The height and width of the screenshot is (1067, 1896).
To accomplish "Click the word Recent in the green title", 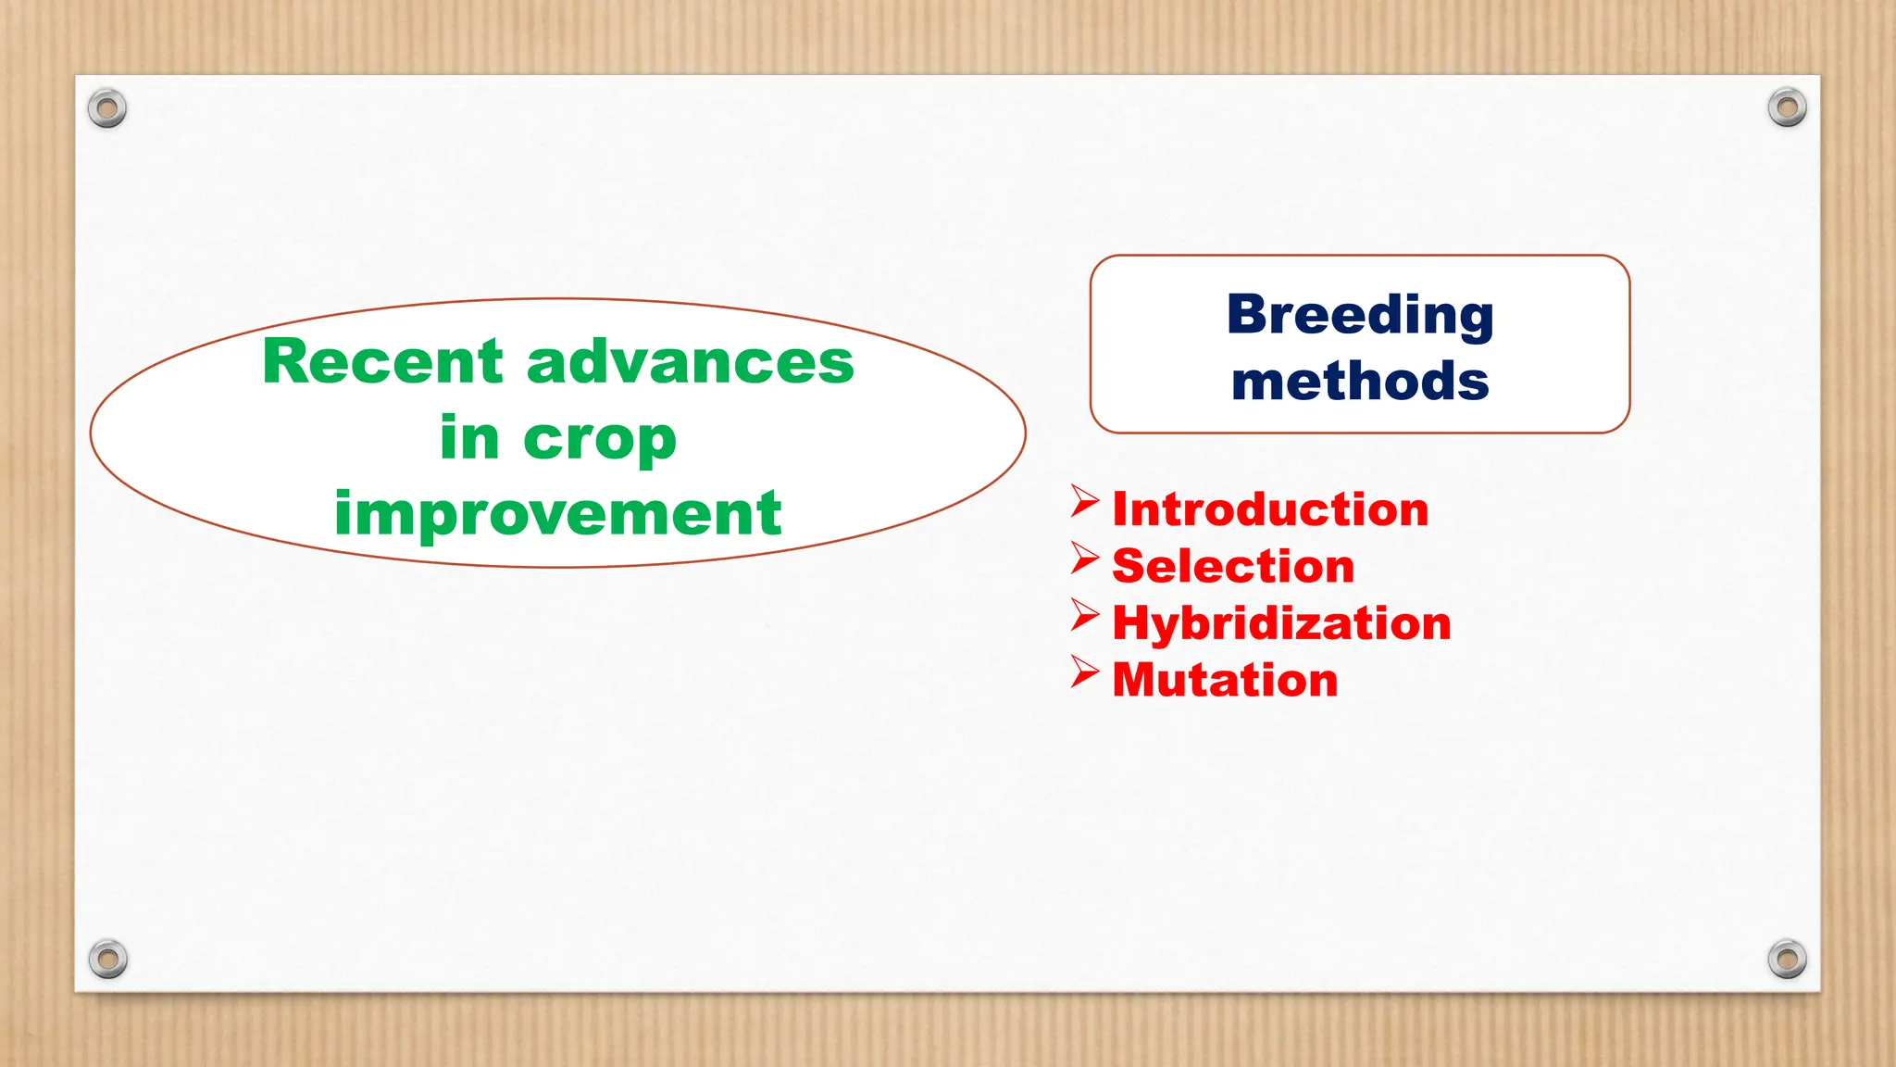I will pos(382,361).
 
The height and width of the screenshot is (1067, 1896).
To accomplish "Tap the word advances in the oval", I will pos(690,361).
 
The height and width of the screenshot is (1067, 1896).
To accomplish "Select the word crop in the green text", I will pos(600,438).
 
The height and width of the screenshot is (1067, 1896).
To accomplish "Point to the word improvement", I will pos(557,513).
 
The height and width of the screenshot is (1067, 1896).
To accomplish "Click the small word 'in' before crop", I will pos(469,438).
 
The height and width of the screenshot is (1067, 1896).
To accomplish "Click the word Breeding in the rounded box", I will pos(1360,316).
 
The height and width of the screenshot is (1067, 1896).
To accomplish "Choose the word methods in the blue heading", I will pos(1360,381).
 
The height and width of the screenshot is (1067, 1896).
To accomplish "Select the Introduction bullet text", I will pos(1270,509).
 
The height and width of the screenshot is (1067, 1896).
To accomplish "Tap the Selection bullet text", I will pos(1233,566).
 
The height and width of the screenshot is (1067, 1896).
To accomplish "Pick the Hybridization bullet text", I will pos(1281,622).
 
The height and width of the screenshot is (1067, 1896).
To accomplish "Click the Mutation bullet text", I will pos(1225,680).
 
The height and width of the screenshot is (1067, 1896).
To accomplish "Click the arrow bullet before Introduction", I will pos(1084,501).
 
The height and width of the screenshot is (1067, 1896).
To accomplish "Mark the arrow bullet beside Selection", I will pos(1084,558).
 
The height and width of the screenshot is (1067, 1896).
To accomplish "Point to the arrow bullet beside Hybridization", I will pos(1084,614).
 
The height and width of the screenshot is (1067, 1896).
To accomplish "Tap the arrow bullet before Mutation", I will pos(1084,672).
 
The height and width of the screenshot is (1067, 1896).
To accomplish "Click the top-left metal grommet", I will pos(107,109).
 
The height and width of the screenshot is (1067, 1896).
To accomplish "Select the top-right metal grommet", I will pos(1787,108).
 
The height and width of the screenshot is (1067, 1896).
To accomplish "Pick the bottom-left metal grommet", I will pos(107,960).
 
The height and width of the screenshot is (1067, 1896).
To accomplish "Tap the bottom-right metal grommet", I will pos(1787,960).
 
